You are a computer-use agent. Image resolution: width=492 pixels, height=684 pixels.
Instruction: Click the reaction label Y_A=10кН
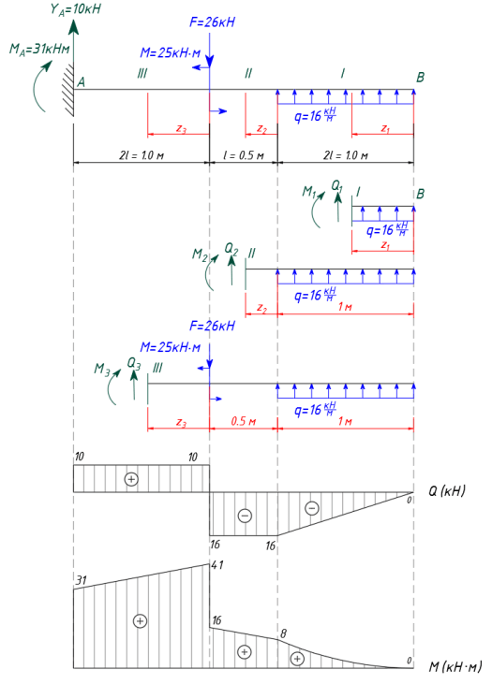(75, 9)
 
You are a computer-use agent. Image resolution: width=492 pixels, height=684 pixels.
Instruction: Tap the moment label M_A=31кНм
(39, 49)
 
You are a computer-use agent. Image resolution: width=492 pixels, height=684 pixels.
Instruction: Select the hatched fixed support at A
(67, 91)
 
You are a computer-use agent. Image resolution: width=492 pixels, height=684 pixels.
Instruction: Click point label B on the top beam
(420, 78)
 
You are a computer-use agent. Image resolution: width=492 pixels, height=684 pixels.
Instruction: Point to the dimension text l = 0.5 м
(244, 155)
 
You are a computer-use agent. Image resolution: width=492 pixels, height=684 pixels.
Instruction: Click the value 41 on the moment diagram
(217, 565)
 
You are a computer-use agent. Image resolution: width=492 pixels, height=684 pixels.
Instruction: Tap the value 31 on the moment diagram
(82, 580)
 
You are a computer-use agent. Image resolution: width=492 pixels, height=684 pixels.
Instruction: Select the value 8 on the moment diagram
(283, 633)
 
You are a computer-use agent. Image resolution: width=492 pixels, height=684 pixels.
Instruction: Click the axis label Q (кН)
(447, 490)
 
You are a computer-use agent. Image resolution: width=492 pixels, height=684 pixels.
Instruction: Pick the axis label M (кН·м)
(455, 666)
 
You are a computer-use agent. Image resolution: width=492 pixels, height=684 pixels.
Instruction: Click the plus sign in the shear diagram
(131, 479)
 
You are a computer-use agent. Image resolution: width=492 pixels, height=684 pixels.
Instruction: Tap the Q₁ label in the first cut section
(336, 186)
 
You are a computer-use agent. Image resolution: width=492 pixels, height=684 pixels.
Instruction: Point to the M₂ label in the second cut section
(200, 255)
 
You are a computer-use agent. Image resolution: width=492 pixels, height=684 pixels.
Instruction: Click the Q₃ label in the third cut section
(134, 363)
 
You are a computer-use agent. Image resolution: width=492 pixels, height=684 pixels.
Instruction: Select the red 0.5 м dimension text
(243, 421)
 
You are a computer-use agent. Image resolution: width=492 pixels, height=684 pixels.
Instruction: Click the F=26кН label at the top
(212, 22)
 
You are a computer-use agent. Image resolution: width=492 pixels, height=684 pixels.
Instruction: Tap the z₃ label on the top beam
(181, 128)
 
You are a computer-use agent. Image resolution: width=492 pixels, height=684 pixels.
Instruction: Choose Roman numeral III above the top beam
(142, 73)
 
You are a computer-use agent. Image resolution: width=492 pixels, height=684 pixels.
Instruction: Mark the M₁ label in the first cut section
(309, 191)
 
